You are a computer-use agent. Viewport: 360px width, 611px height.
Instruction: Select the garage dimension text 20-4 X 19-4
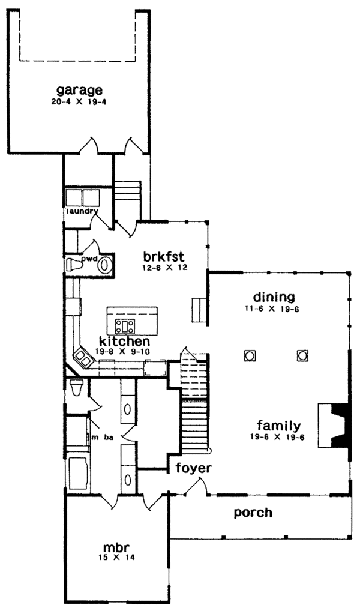coord(79,102)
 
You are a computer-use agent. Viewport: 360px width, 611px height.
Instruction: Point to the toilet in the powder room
coord(75,265)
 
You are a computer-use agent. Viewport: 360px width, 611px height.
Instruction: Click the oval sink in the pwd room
coord(104,265)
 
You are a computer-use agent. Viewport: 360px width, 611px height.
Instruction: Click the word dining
coord(274,297)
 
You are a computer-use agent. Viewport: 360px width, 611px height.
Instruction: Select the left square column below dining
coord(249,355)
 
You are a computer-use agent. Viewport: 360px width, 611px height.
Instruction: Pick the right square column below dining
coord(301,355)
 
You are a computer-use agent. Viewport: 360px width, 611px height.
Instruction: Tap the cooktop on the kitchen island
coord(126,327)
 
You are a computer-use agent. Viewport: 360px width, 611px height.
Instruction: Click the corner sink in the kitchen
coord(83,358)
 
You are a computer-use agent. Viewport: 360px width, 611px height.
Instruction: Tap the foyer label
coord(191,467)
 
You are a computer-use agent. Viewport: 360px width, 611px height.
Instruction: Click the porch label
coord(253,513)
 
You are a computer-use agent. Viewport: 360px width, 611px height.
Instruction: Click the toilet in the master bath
coord(76,388)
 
